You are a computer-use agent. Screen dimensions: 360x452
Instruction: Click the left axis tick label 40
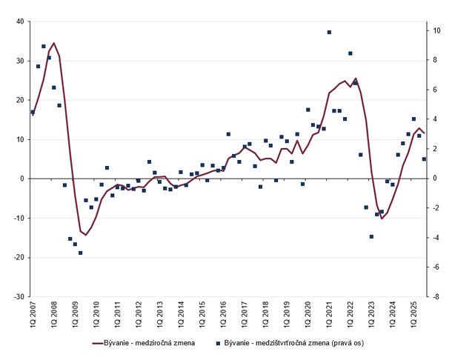click(19, 22)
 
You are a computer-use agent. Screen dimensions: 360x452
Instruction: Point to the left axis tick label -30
click(17, 296)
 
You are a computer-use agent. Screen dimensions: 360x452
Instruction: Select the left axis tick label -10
click(17, 218)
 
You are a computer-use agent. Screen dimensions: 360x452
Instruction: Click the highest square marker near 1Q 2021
click(329, 33)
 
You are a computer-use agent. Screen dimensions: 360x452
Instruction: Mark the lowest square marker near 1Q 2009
click(81, 253)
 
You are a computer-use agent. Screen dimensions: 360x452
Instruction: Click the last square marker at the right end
click(425, 159)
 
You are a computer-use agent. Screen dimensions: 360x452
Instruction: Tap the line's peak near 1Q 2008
click(54, 43)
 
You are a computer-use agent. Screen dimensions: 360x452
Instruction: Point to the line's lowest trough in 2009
click(86, 235)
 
